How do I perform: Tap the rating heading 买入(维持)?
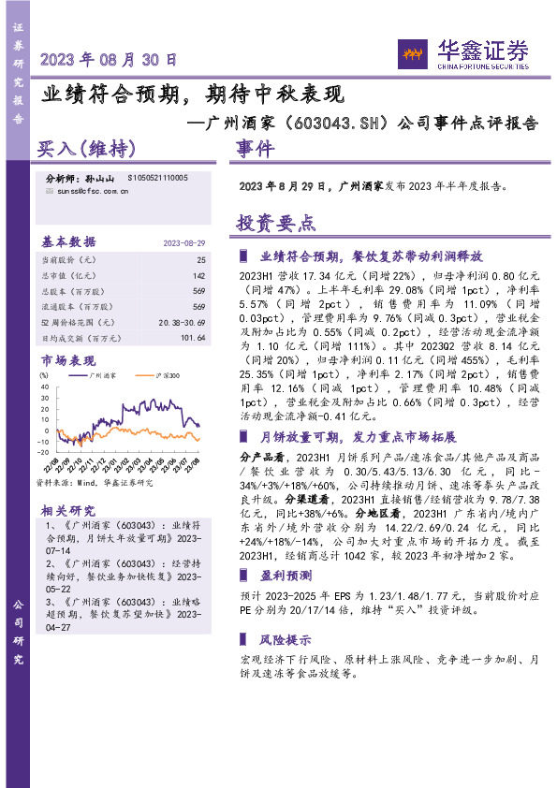[x=86, y=150]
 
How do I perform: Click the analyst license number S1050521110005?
[x=157, y=177]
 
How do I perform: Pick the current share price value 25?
[x=200, y=258]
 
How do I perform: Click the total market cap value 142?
[x=198, y=275]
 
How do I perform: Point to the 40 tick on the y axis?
[x=44, y=387]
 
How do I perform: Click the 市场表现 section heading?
[x=68, y=360]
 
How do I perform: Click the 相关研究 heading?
[x=67, y=510]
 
